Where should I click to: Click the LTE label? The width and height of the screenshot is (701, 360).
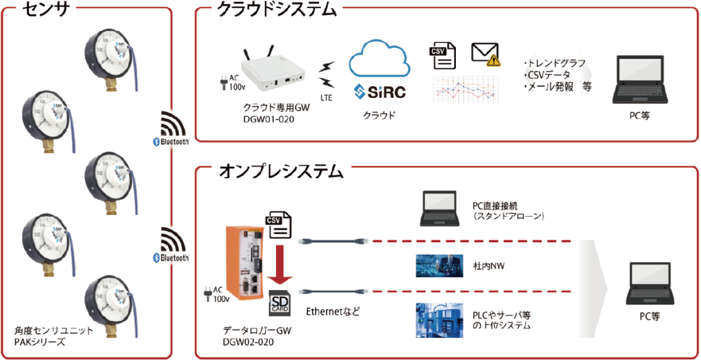[326, 98]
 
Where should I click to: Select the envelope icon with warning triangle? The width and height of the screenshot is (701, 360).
[484, 54]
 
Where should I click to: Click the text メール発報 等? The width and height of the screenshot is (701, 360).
[557, 87]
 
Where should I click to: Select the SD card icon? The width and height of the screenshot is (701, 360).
[280, 304]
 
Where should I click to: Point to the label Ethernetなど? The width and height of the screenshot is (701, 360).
[333, 311]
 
